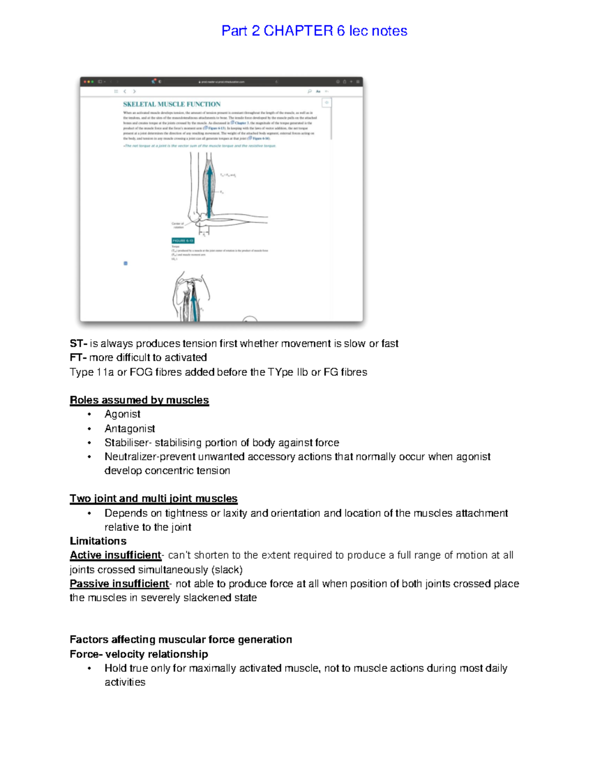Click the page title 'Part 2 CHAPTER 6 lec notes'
tap(314, 31)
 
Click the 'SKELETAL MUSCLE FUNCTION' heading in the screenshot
tap(171, 104)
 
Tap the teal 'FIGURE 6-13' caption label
tap(183, 241)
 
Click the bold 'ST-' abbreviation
tap(78, 343)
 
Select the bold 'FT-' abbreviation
tap(78, 357)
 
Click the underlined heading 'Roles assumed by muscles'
tap(139, 400)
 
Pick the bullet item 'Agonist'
tap(122, 414)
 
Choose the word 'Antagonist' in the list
tap(129, 428)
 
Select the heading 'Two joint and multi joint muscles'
tap(153, 498)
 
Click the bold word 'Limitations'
tap(98, 541)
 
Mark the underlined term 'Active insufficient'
tap(115, 555)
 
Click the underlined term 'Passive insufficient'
tap(119, 584)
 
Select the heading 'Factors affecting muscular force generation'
tap(180, 639)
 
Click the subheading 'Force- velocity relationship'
tap(138, 654)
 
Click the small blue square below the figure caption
tap(126, 263)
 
